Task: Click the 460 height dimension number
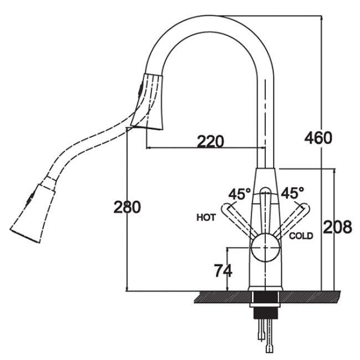pos(318,138)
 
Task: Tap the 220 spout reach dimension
pos(210,141)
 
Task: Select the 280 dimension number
pos(127,207)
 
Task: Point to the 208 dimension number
pos(337,227)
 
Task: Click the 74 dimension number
pos(223,270)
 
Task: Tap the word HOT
pos(206,218)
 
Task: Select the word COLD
pos(301,236)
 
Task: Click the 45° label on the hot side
pos(239,194)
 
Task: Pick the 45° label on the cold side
pos(292,193)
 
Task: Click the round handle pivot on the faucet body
pos(265,248)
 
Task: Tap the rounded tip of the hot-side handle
pos(225,207)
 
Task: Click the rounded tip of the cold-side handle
pos(305,207)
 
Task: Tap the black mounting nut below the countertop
pos(265,313)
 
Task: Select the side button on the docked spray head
pos(140,89)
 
